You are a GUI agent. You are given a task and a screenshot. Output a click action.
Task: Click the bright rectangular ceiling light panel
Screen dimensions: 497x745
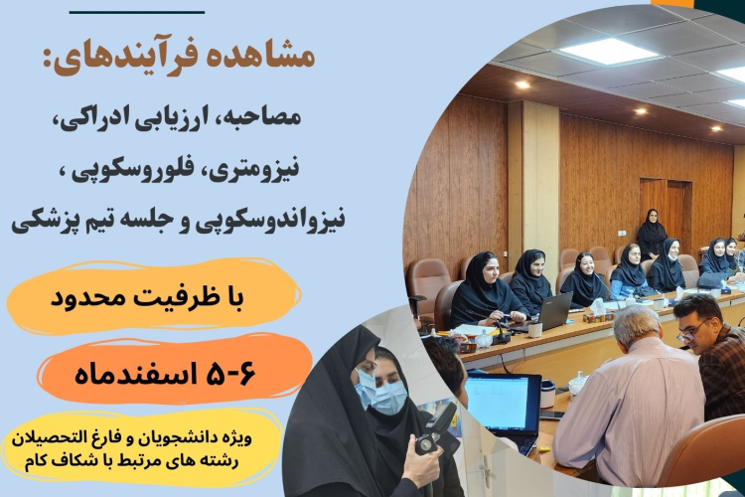pos(607,50)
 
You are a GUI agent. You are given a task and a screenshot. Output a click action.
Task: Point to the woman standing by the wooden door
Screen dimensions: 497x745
pos(652,234)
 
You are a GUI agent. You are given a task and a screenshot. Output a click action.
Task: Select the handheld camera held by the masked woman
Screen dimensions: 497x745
pos(433,432)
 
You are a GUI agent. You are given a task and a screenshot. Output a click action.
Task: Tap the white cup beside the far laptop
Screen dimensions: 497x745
pos(535,327)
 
